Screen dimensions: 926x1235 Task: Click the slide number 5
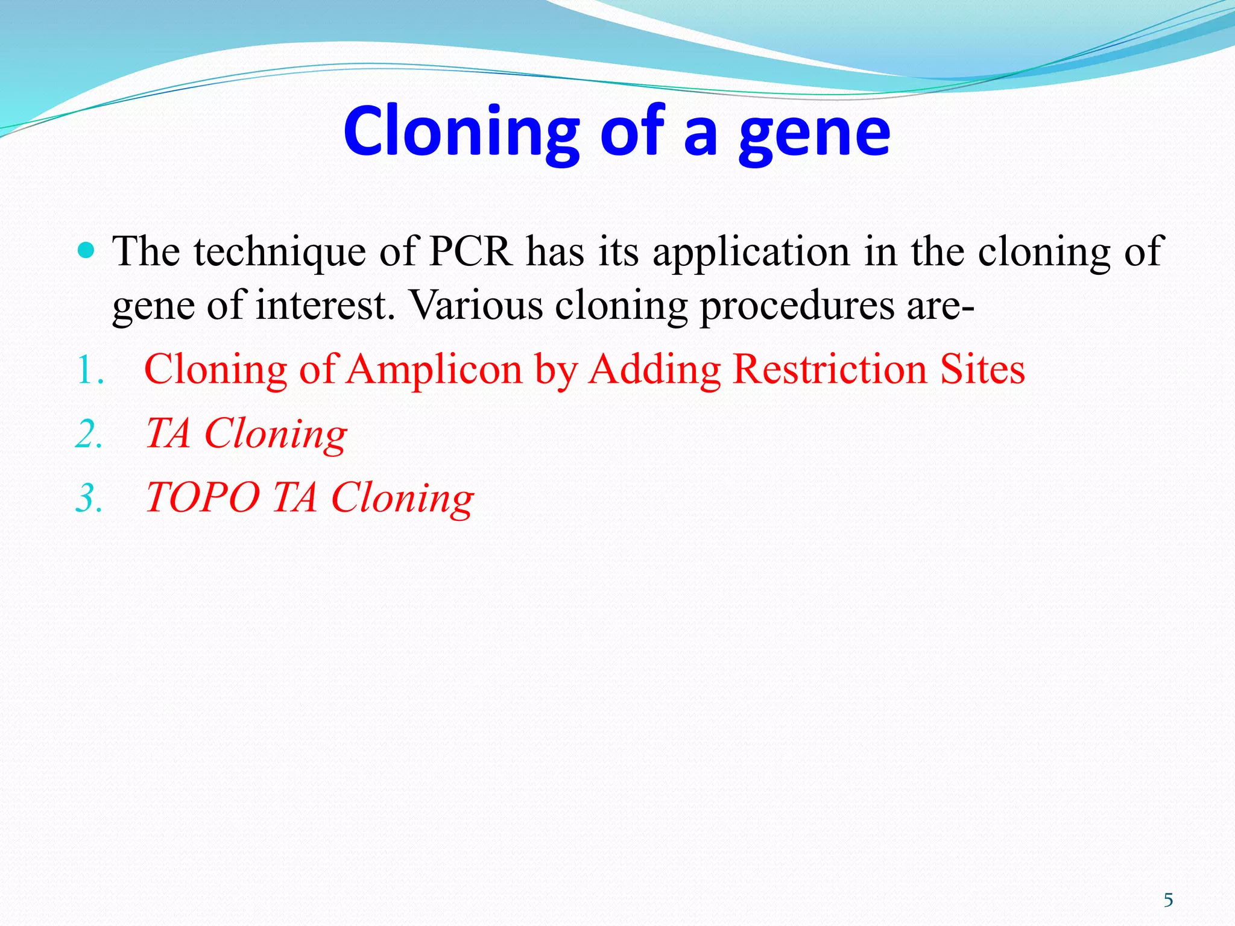(1168, 900)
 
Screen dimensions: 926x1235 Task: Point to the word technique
(280, 251)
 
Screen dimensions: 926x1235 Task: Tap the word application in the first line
(751, 251)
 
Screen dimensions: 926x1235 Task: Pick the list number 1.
(89, 370)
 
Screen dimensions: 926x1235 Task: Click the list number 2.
(89, 434)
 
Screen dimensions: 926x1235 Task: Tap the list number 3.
(89, 499)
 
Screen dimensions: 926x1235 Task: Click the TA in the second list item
(168, 433)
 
